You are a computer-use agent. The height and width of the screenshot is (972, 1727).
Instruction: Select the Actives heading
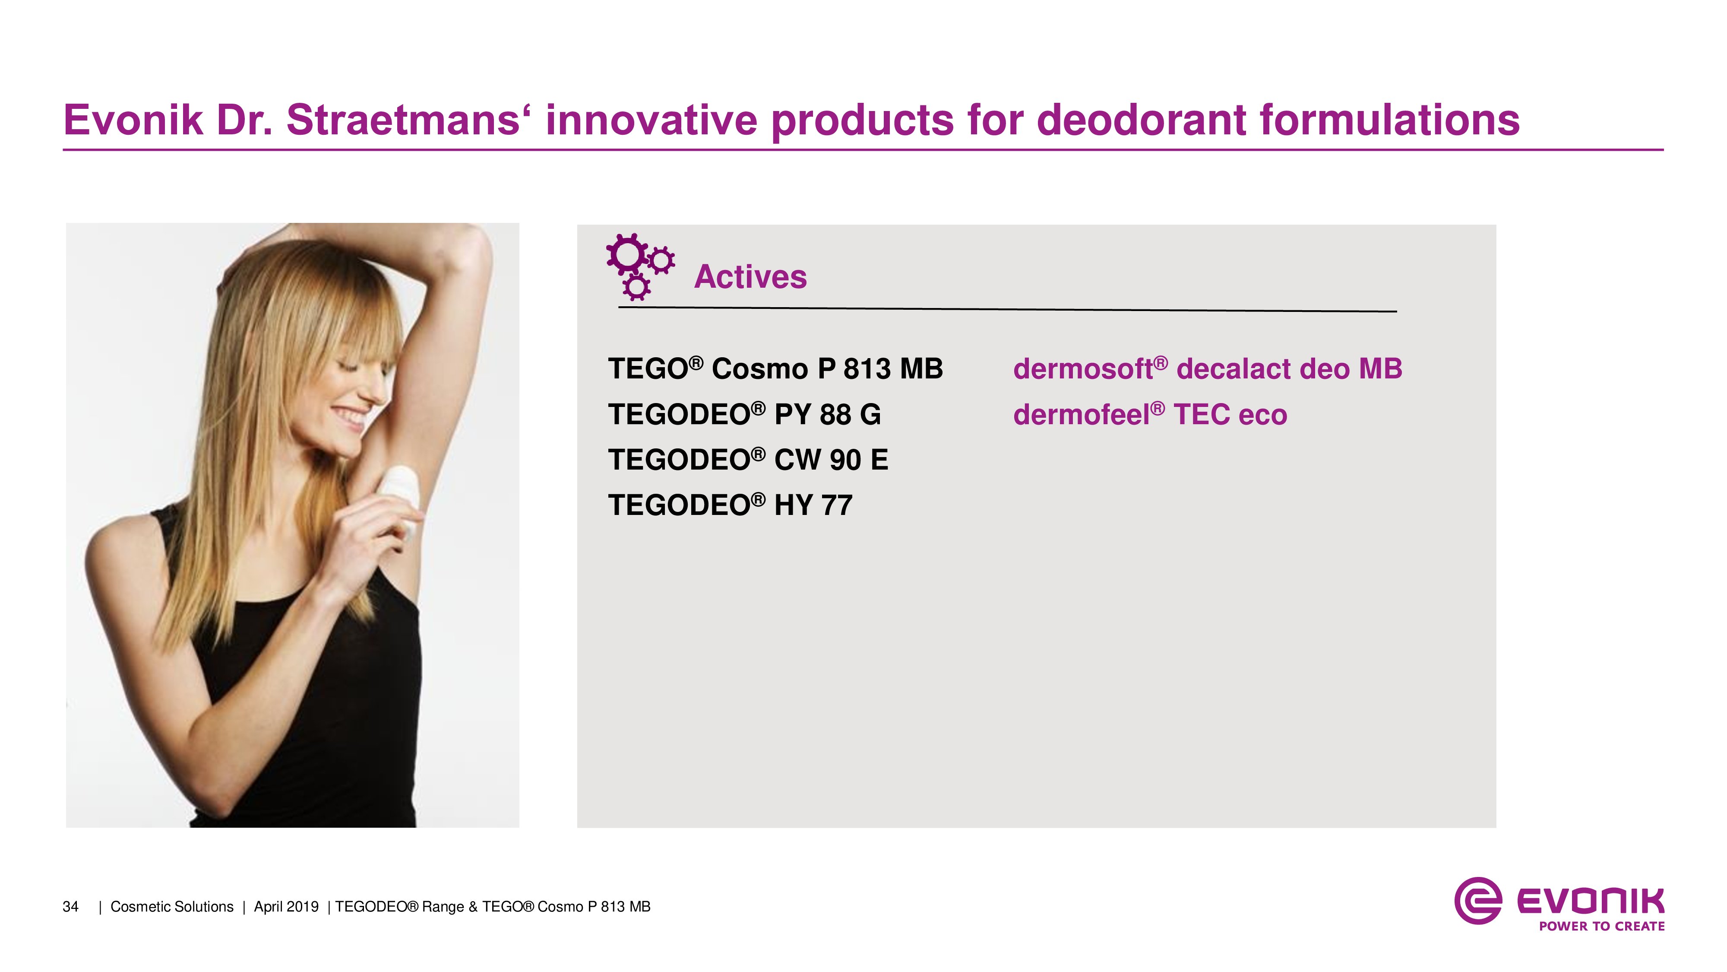pyautogui.click(x=750, y=276)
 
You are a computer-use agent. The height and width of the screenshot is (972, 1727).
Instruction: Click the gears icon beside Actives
pyautogui.click(x=639, y=266)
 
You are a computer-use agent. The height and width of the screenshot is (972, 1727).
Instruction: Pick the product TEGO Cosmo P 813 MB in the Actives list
pyautogui.click(x=775, y=368)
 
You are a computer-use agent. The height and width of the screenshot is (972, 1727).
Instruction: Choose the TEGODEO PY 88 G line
pyautogui.click(x=744, y=414)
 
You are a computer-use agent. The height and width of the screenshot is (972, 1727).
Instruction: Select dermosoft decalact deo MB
pyautogui.click(x=1208, y=368)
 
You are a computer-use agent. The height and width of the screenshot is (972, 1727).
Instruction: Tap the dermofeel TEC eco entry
pyautogui.click(x=1150, y=414)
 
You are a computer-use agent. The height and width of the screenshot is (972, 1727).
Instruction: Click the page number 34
pyautogui.click(x=70, y=907)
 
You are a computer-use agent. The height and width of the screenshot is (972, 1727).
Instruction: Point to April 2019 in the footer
pyautogui.click(x=286, y=907)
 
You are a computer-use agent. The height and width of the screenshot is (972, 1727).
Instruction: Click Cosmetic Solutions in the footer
pyautogui.click(x=172, y=907)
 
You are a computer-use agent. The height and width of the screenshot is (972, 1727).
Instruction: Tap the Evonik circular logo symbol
pyautogui.click(x=1477, y=901)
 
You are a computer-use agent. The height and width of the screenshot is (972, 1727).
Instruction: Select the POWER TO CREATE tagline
pyautogui.click(x=1602, y=926)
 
